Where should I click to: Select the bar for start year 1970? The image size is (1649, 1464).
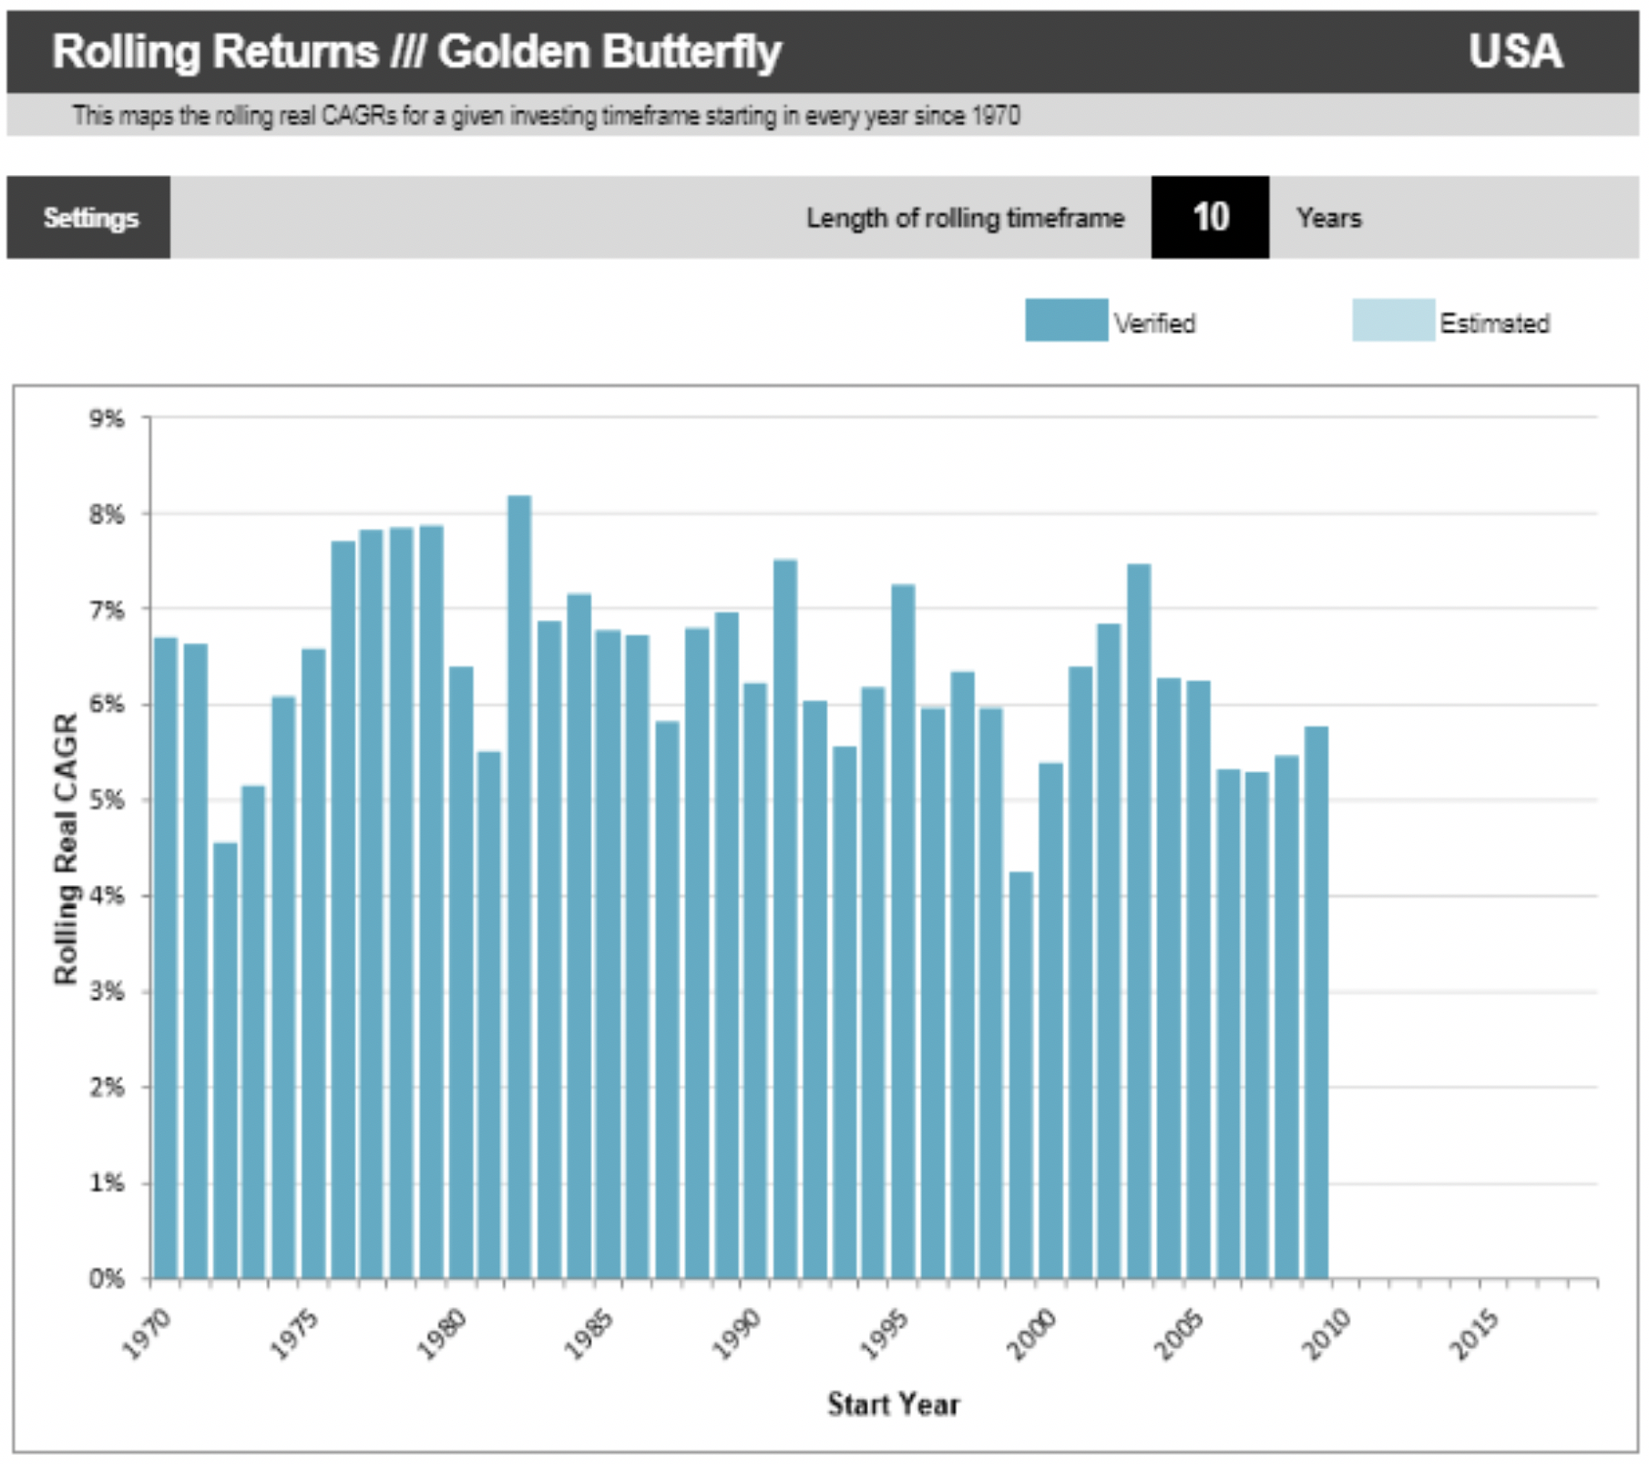tap(166, 957)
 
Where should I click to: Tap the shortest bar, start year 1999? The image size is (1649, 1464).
tap(1021, 1076)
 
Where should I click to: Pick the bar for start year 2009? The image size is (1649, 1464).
tap(1316, 1003)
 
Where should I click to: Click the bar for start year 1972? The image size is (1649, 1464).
tap(225, 1057)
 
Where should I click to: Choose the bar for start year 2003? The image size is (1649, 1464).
tap(1139, 921)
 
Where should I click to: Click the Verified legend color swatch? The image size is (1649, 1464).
tap(1066, 320)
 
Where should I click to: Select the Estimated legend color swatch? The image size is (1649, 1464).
tap(1393, 320)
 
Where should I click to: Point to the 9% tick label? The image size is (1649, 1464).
tap(107, 418)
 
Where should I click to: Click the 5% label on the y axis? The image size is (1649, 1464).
tap(107, 800)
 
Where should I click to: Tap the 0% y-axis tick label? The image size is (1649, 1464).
tap(107, 1279)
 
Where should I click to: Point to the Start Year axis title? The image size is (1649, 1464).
tap(893, 1404)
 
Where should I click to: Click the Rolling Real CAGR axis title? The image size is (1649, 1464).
tap(66, 848)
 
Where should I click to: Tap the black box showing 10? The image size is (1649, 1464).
tap(1210, 217)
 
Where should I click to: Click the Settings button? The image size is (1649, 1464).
tap(89, 218)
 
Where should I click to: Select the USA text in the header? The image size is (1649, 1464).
tap(1515, 51)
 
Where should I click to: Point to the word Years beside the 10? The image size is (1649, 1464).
tap(1329, 218)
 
